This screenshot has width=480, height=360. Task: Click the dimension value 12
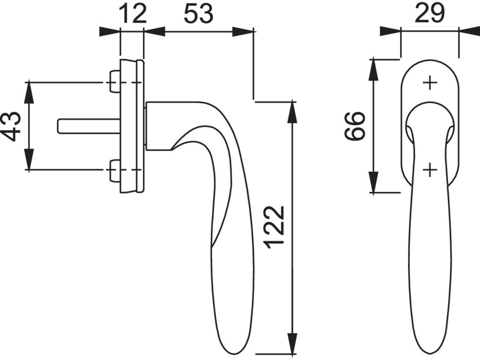click(132, 14)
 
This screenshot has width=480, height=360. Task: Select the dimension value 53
click(198, 14)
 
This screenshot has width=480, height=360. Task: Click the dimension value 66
click(355, 126)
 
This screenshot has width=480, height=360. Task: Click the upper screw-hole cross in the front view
click(430, 83)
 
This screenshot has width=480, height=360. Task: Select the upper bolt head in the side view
click(115, 82)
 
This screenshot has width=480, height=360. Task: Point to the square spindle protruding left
click(89, 126)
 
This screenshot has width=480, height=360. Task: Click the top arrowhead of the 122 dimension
click(293, 112)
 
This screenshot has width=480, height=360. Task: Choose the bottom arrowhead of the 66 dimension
click(373, 182)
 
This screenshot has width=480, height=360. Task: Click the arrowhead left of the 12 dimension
click(109, 32)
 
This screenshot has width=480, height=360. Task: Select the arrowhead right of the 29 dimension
click(469, 31)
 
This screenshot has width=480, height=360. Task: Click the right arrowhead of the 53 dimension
click(243, 32)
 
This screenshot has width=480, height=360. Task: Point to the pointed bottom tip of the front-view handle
click(430, 356)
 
